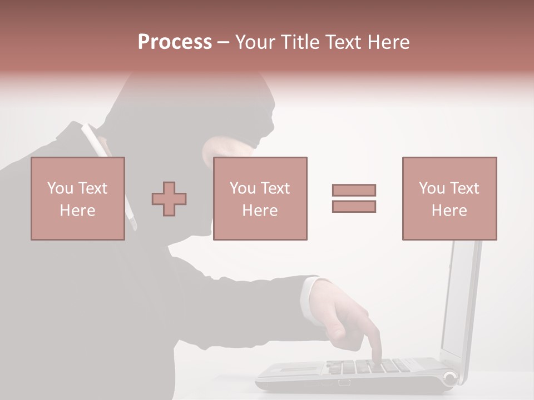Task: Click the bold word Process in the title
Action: tap(175, 42)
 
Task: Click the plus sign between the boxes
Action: tap(169, 198)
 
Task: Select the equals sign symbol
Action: tap(354, 198)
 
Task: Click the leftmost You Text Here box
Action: tap(78, 198)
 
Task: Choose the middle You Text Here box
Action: tap(260, 198)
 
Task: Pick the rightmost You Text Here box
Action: tap(449, 198)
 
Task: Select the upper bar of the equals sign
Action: tap(354, 190)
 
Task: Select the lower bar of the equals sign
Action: tap(354, 207)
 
